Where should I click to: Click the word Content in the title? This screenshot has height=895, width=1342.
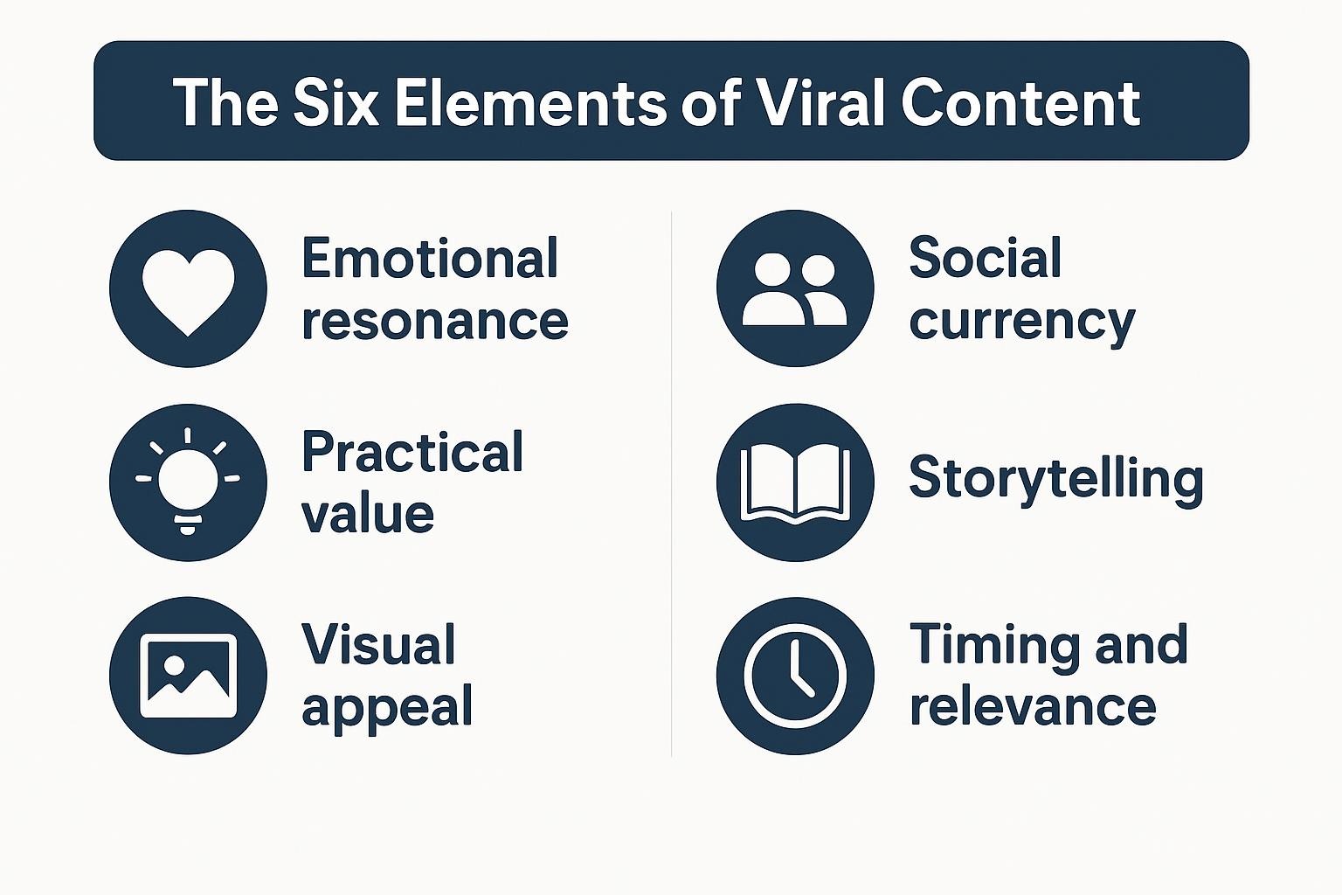1020,102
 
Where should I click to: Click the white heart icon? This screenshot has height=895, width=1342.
188,292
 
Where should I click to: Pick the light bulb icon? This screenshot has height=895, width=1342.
188,481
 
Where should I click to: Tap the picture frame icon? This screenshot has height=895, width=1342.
188,676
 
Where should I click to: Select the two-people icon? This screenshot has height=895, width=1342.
795,289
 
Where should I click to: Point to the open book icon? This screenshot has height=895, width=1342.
795,483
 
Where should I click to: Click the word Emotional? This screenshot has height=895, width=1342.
430,258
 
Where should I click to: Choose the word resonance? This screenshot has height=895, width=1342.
436,322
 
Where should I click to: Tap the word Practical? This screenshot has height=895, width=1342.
412,451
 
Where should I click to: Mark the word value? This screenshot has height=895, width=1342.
368,514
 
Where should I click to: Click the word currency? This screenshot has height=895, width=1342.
1022,323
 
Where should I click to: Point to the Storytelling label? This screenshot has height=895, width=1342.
1056,479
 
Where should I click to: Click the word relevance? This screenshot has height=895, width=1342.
1033,707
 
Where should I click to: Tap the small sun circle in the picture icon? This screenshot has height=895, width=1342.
175,664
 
